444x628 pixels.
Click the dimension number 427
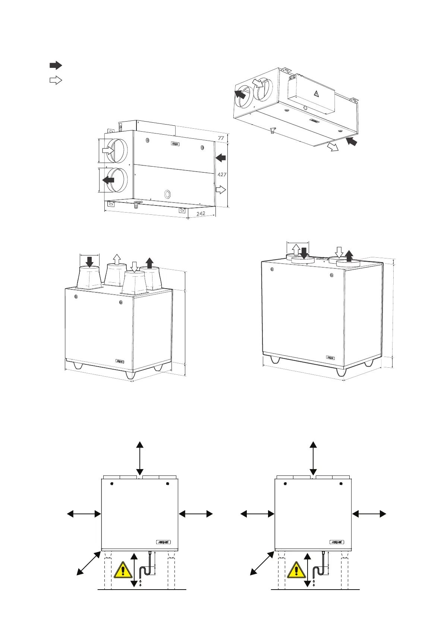click(222, 174)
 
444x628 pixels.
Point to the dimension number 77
click(221, 138)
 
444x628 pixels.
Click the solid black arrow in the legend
click(56, 66)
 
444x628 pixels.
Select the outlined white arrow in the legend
click(56, 80)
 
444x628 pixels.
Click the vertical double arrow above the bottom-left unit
click(139, 457)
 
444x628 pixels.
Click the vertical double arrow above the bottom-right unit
click(313, 457)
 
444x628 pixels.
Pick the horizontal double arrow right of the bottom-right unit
click(369, 514)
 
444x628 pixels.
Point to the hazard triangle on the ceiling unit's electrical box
click(316, 94)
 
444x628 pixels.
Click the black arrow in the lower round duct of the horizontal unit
click(109, 180)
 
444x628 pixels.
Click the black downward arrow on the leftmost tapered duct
click(90, 261)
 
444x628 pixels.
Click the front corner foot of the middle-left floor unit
click(130, 375)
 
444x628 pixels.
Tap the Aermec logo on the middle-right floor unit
click(330, 357)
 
